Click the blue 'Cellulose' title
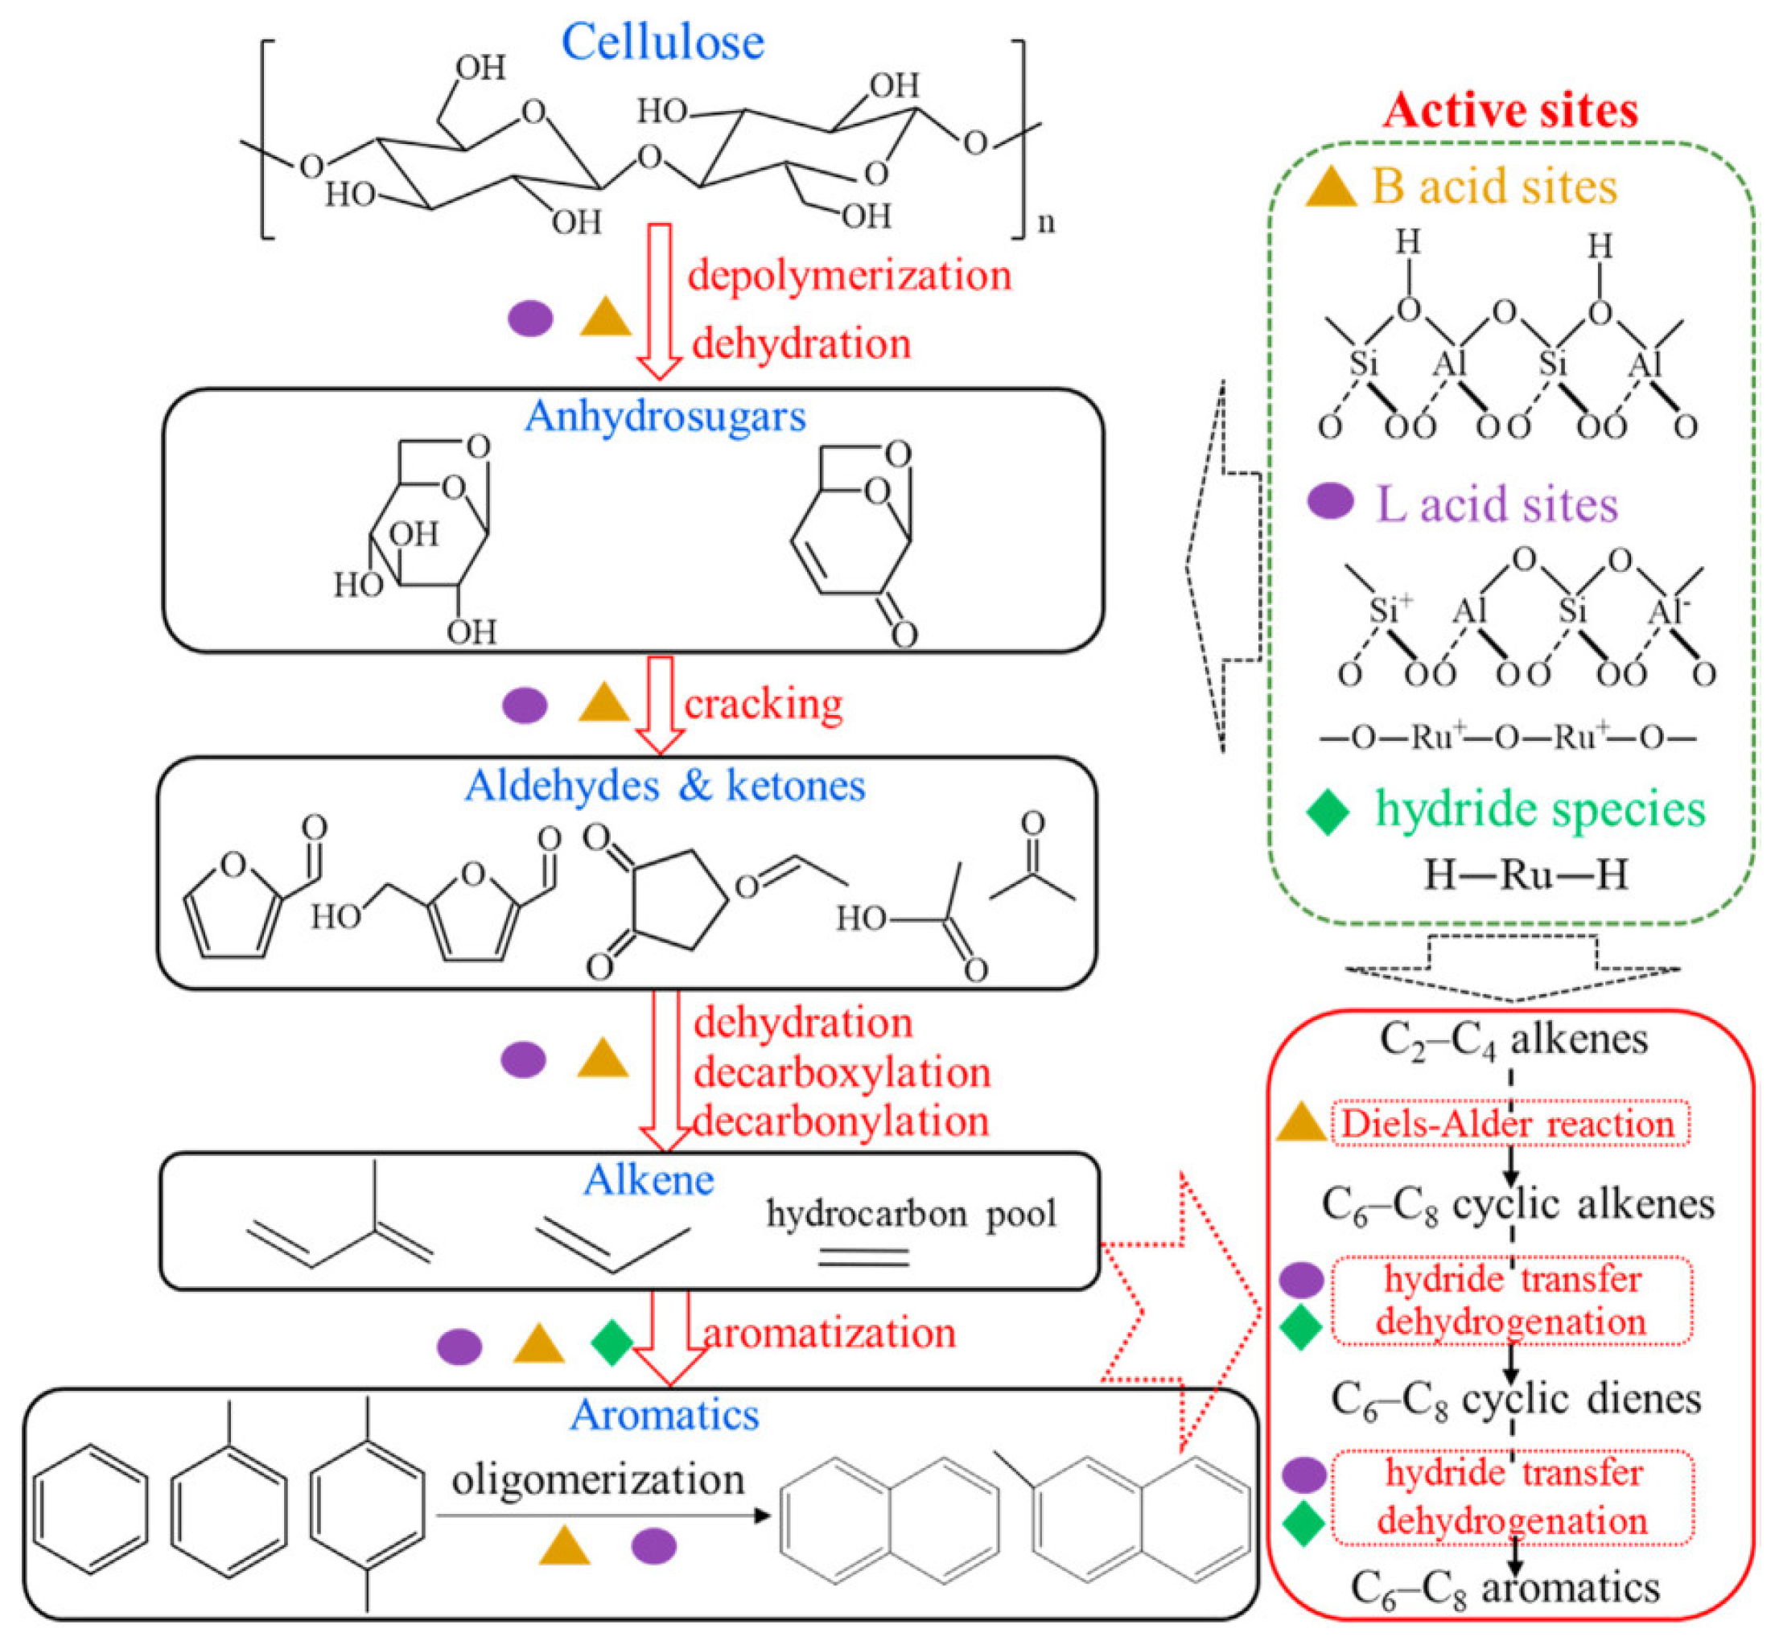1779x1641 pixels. [662, 42]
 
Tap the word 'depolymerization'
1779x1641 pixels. [849, 275]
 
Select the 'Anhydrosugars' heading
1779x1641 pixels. [665, 416]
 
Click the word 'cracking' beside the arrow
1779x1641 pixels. [763, 704]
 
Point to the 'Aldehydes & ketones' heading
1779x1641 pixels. [665, 785]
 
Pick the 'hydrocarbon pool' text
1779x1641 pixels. [912, 1213]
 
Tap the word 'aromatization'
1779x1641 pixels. [829, 1333]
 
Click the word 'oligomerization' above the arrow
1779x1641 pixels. [598, 1479]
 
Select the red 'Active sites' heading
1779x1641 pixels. [1510, 111]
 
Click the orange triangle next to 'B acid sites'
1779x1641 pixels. [1329, 188]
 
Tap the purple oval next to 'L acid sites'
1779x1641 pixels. [1329, 502]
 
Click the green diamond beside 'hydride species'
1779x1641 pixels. [1328, 810]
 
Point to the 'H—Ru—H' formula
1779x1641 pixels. [1525, 875]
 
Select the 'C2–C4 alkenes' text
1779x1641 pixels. [1513, 1040]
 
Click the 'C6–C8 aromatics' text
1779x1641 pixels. [1505, 1588]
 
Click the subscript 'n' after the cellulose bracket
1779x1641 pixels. [1046, 222]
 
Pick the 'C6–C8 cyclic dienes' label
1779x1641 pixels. [1515, 1400]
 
